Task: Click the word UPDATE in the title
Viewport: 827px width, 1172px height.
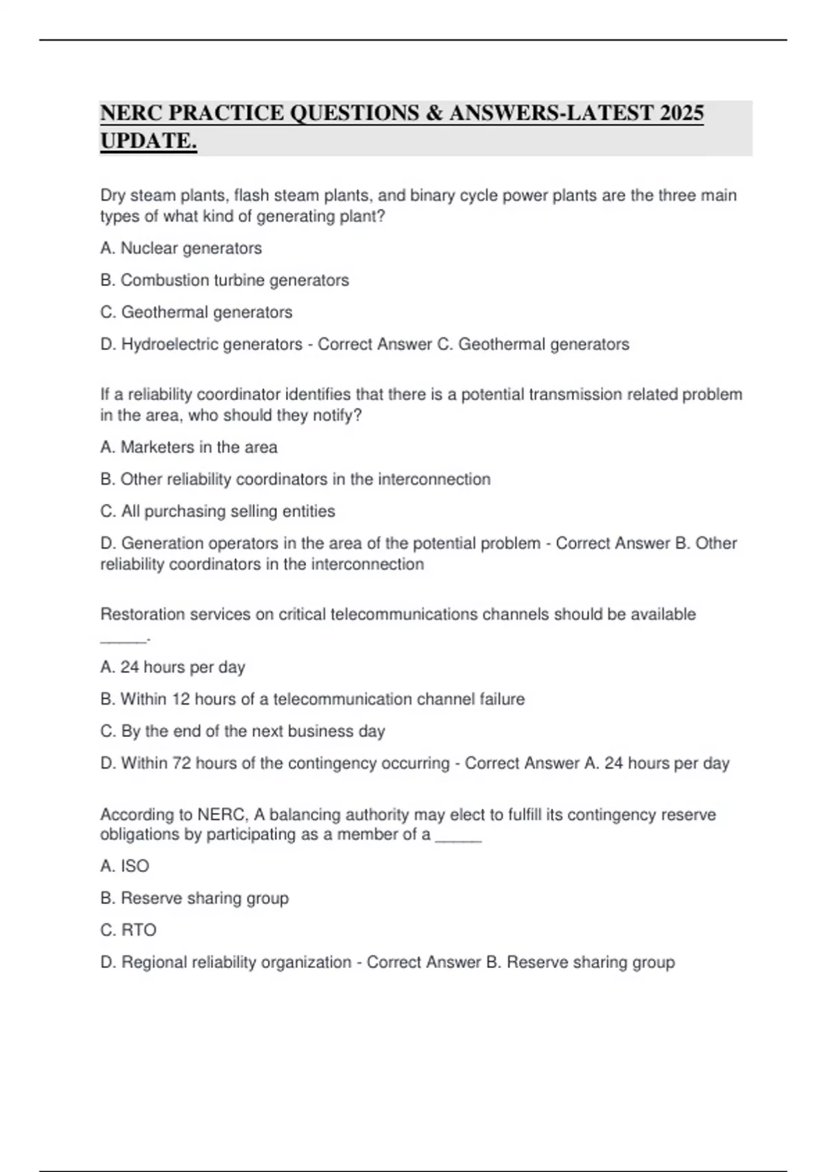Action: click(147, 141)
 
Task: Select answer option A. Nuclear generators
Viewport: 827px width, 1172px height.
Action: click(181, 248)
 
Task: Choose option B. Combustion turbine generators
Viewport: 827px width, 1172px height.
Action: click(225, 281)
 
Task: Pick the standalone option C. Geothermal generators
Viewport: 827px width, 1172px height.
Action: click(196, 312)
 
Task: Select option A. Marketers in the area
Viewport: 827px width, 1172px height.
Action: click(189, 447)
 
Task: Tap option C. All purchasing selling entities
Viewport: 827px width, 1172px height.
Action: click(218, 512)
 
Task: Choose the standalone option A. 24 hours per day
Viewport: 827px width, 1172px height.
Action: click(173, 667)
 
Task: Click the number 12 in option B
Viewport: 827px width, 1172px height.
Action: click(181, 699)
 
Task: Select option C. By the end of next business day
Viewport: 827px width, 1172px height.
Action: click(243, 731)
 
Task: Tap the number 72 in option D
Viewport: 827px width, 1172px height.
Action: click(182, 763)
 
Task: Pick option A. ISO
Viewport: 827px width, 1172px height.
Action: click(125, 866)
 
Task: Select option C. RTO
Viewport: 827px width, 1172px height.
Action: click(129, 930)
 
